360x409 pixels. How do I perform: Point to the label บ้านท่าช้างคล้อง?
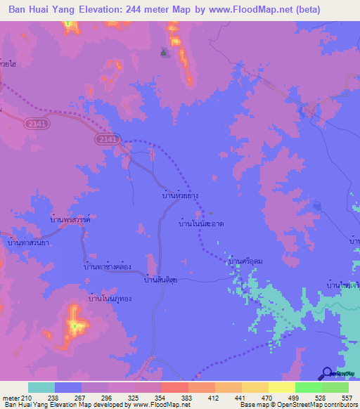pos(109,267)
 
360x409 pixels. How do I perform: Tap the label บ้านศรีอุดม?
pos(245,261)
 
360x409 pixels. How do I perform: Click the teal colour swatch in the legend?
pos(41,387)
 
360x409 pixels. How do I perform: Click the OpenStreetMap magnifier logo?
pos(328,375)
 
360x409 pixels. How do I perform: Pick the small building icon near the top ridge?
pos(165,51)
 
